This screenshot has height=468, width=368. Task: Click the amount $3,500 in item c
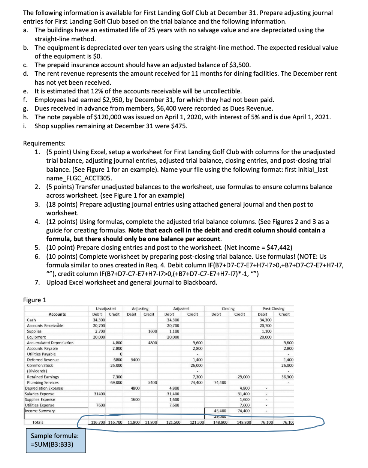coord(240,65)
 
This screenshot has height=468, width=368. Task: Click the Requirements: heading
coord(44,143)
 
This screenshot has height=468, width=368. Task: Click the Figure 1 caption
coord(34,300)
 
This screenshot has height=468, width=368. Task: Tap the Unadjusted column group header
coord(106,309)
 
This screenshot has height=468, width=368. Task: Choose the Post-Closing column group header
coord(273,309)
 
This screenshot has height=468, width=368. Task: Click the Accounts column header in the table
coord(57,314)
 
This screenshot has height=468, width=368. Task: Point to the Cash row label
coord(31,320)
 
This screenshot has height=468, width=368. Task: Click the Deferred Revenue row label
coord(43,360)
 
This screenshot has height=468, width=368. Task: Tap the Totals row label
coord(38,422)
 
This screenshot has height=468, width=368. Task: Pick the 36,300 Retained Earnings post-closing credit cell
coord(287,377)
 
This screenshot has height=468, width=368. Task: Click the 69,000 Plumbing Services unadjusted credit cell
coord(116,382)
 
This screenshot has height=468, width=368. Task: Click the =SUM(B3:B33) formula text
coord(52,444)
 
